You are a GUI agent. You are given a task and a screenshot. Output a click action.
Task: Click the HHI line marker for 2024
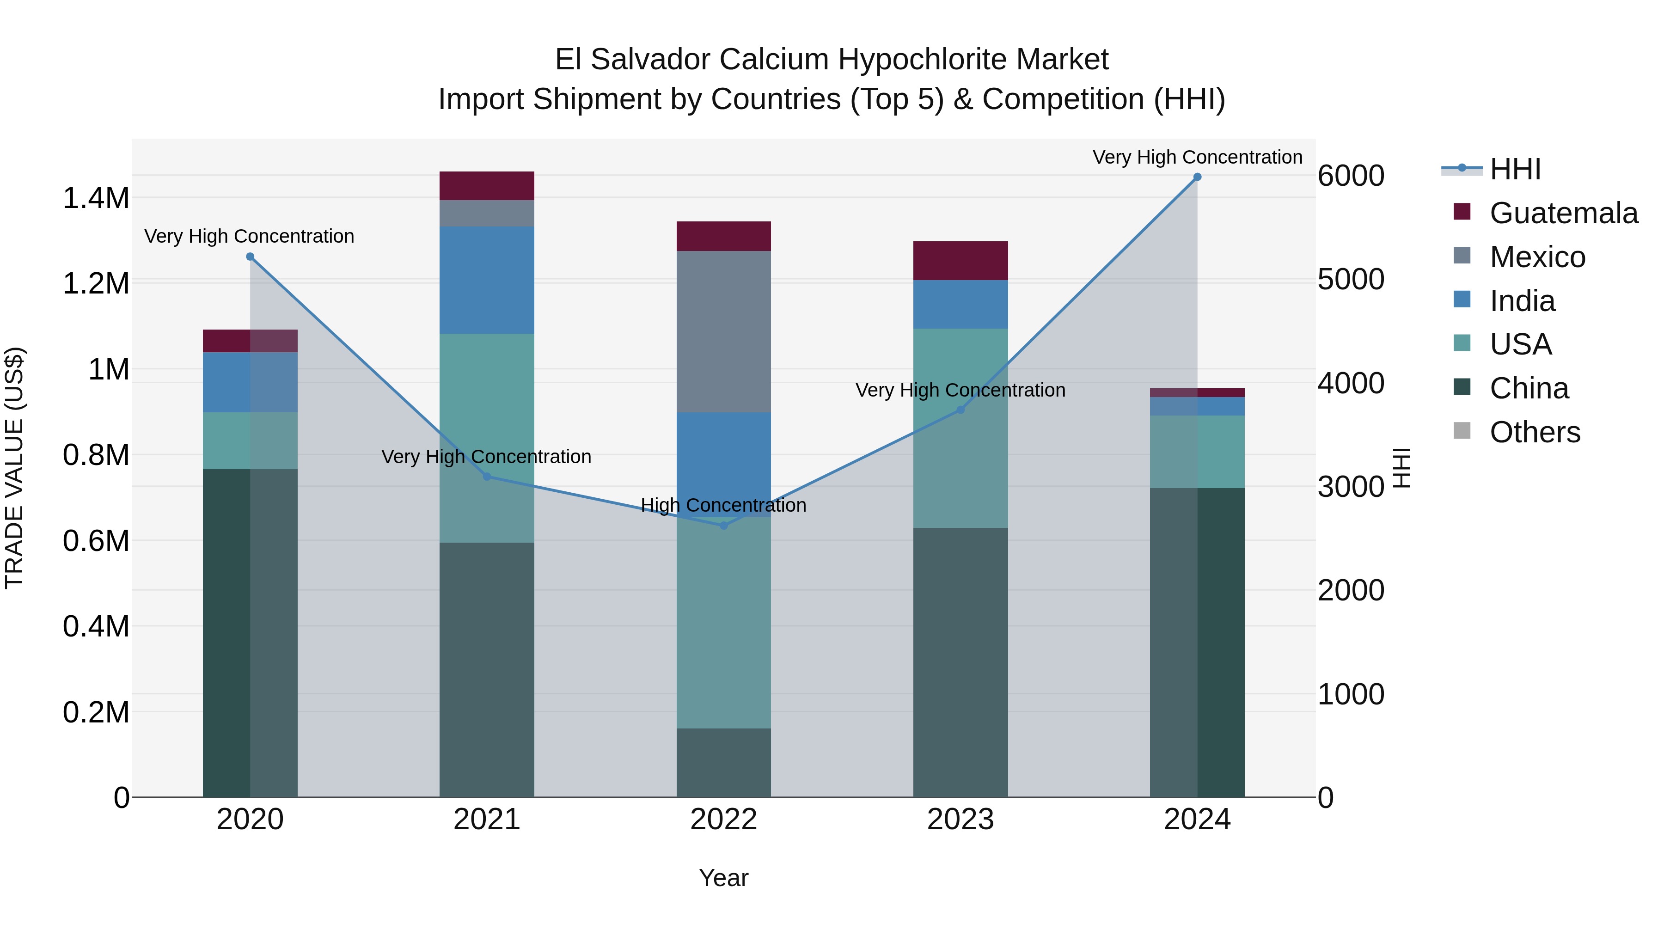[1197, 177]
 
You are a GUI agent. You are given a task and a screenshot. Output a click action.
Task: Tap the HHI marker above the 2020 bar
[250, 257]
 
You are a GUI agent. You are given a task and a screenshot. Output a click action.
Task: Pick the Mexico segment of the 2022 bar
[723, 331]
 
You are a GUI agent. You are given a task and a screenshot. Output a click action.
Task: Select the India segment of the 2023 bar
[960, 304]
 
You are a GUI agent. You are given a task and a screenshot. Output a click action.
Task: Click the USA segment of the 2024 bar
[1197, 452]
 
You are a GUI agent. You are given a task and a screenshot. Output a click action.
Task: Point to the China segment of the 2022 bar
[723, 762]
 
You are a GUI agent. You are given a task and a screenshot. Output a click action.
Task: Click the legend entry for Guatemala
[1563, 213]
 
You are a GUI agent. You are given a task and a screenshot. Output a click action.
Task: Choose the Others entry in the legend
[1534, 432]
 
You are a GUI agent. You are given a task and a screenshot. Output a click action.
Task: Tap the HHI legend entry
[1514, 169]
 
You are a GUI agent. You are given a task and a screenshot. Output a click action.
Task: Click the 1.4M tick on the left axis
[96, 198]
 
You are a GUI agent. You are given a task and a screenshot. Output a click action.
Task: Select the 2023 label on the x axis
[960, 820]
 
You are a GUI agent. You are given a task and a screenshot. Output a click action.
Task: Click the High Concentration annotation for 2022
[723, 505]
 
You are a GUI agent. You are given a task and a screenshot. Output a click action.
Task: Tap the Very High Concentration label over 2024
[1197, 157]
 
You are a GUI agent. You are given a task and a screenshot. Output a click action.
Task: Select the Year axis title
[723, 878]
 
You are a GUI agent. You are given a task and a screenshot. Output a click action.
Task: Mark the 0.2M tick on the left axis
[96, 712]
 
